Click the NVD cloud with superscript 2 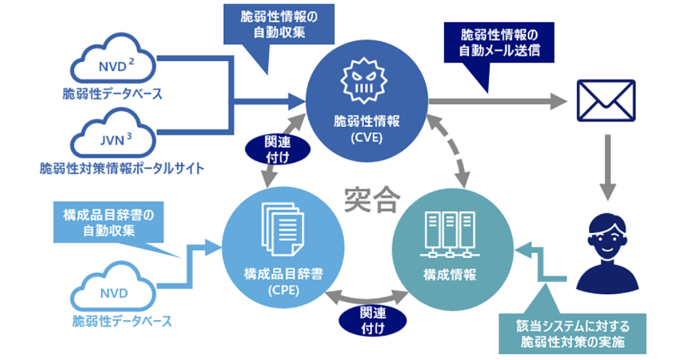tap(112, 62)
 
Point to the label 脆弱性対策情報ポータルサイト tap(122, 169)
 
